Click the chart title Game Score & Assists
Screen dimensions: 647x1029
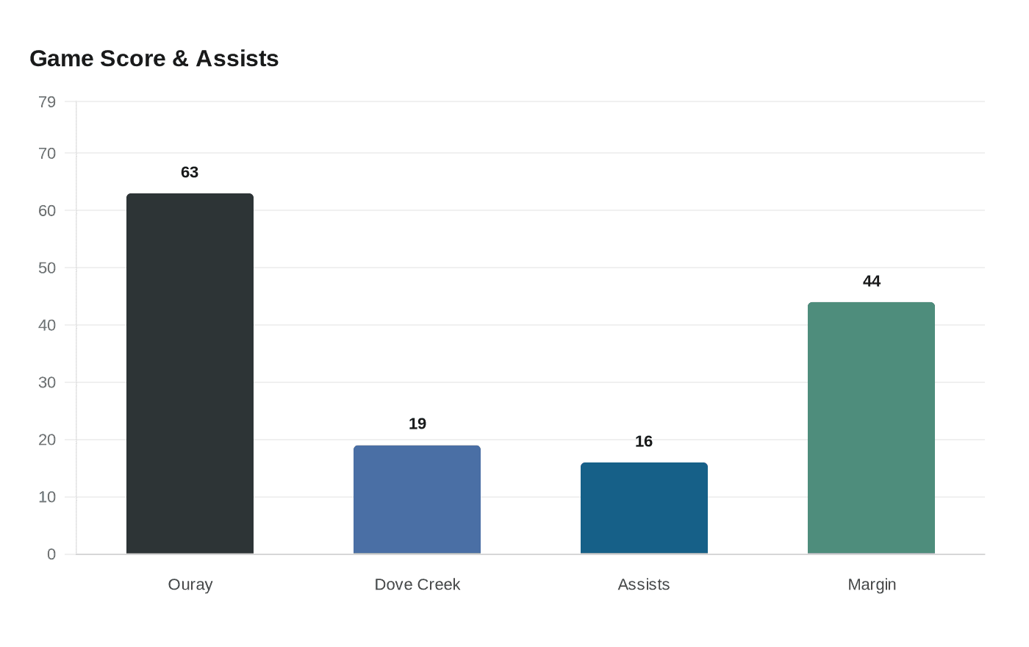click(x=154, y=58)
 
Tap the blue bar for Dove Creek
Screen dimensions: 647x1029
click(x=417, y=499)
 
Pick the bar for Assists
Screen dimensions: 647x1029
click(x=644, y=508)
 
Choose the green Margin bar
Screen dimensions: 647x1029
click(x=871, y=428)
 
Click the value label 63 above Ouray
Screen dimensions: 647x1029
click(x=190, y=172)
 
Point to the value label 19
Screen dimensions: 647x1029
click(x=417, y=423)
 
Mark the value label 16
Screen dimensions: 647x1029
click(x=644, y=441)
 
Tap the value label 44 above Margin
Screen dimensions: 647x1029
click(x=871, y=281)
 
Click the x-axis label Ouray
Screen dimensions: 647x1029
click(x=190, y=585)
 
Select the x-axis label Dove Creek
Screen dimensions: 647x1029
click(x=417, y=585)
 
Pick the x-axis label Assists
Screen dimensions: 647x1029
click(x=644, y=585)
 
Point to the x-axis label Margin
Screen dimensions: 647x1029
click(x=871, y=585)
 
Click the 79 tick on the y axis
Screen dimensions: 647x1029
click(x=47, y=102)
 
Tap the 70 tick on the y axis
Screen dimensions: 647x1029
click(x=47, y=154)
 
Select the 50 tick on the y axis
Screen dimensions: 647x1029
click(x=47, y=268)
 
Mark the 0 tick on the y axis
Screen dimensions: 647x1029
click(x=51, y=554)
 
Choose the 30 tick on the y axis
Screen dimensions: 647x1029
click(x=47, y=382)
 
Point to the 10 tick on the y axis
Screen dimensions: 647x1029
click(x=47, y=497)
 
